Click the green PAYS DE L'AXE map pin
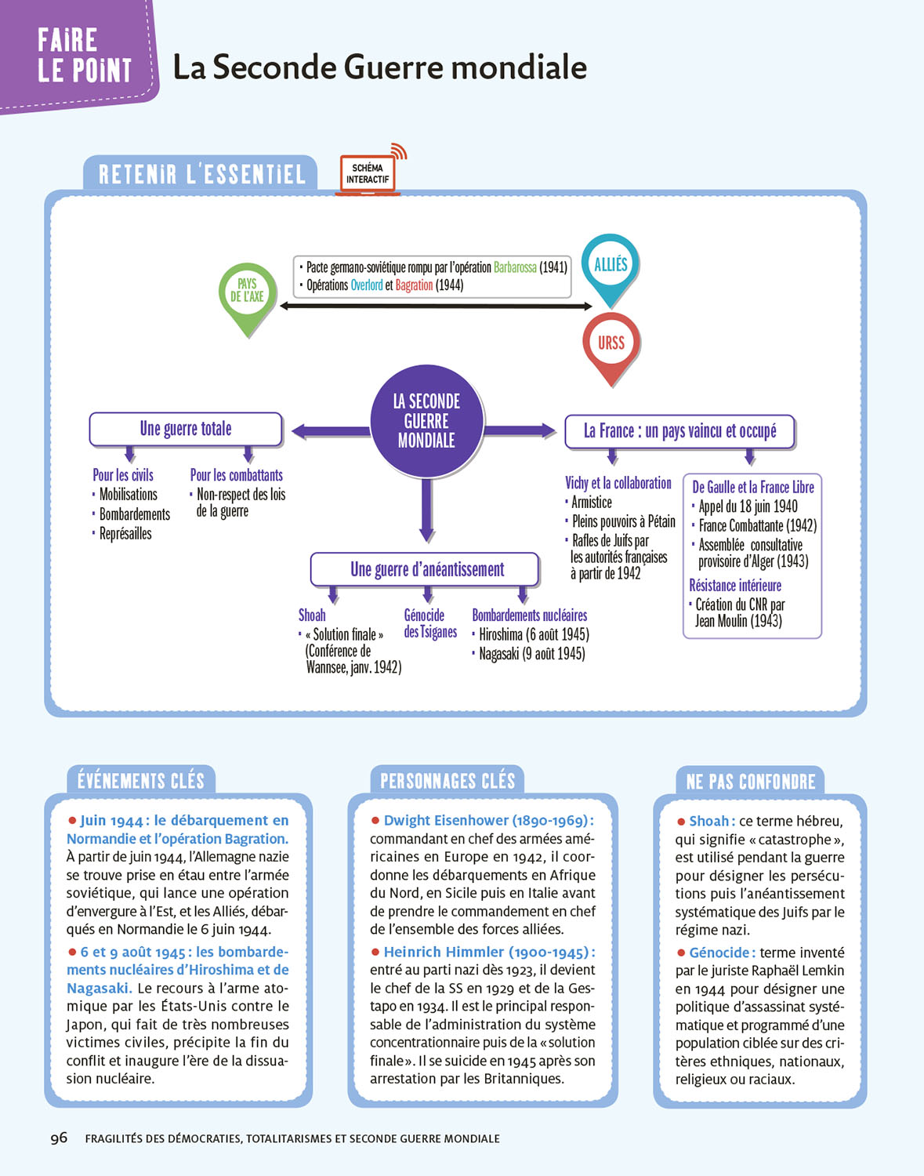248,293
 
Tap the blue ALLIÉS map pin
611,265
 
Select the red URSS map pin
611,343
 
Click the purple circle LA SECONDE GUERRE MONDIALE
426,421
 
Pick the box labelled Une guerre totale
186,429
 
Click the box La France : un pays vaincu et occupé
679,431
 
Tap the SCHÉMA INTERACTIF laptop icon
368,174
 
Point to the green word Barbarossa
515,267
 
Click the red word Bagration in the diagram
414,285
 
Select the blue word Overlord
366,285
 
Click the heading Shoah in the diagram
312,615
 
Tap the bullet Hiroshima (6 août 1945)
534,634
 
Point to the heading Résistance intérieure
735,586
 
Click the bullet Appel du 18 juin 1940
748,506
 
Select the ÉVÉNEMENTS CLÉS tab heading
141,781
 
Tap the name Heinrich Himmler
444,952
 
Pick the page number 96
59,1138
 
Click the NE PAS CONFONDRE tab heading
751,782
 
